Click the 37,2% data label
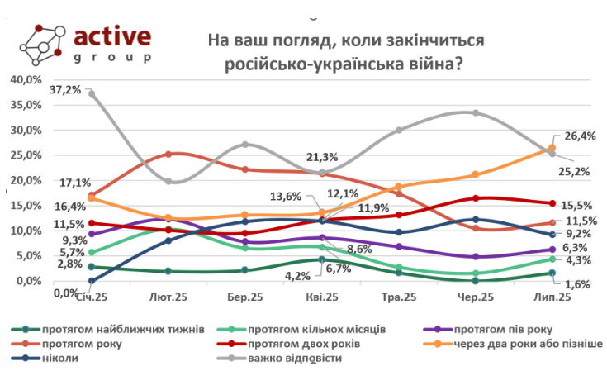coord(66,88)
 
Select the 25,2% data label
coord(576,171)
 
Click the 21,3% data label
coord(323,157)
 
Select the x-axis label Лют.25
coord(168,295)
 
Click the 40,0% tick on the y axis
coord(23,79)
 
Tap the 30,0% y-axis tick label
coord(23,130)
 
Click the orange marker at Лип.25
coord(552,148)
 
